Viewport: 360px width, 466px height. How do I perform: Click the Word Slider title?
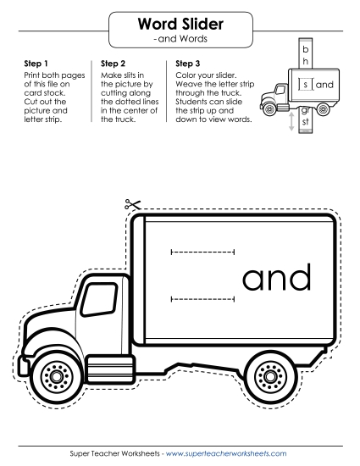[x=180, y=24]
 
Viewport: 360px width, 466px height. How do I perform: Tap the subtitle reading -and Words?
[x=180, y=39]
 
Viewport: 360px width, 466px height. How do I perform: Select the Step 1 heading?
[x=36, y=64]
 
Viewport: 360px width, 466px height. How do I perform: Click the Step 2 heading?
[x=113, y=64]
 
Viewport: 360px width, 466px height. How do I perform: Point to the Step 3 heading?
[x=188, y=64]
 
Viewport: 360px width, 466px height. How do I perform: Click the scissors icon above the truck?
[x=132, y=204]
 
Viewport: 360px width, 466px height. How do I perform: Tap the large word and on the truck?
[x=277, y=277]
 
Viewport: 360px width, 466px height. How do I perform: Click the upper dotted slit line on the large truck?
[x=203, y=252]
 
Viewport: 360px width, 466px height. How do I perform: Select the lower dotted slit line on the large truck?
[x=203, y=299]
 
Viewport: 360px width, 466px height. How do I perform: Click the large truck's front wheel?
[x=57, y=376]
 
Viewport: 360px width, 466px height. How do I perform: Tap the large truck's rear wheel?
[x=270, y=376]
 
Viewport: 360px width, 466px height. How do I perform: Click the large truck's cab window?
[x=99, y=299]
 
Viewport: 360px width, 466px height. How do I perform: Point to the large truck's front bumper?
[x=23, y=366]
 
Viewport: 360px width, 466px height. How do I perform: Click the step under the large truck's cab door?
[x=110, y=369]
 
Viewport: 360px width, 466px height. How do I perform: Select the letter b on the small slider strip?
[x=306, y=49]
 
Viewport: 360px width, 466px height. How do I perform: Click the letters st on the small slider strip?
[x=305, y=121]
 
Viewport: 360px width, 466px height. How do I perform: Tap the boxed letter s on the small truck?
[x=306, y=85]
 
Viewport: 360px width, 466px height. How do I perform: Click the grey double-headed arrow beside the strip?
[x=291, y=121]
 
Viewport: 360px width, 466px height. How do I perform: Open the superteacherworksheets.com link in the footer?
[x=226, y=453]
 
